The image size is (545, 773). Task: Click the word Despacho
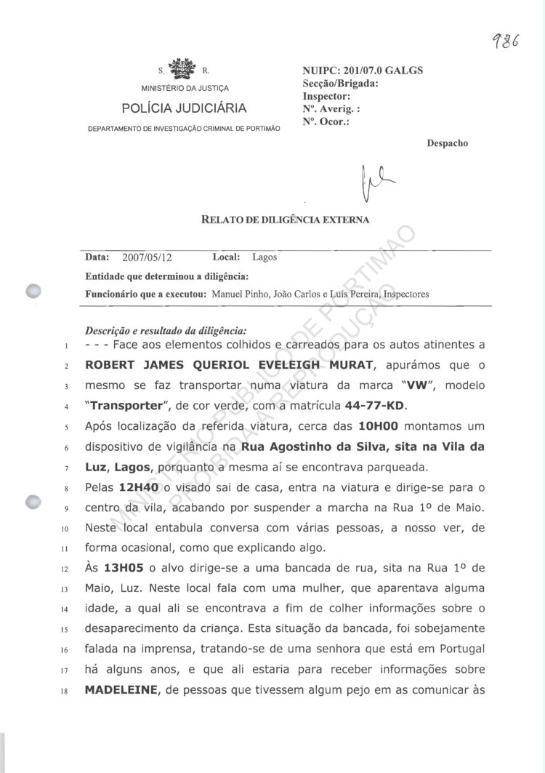click(448, 143)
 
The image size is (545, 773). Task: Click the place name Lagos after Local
click(264, 257)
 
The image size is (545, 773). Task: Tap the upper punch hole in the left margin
click(32, 291)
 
